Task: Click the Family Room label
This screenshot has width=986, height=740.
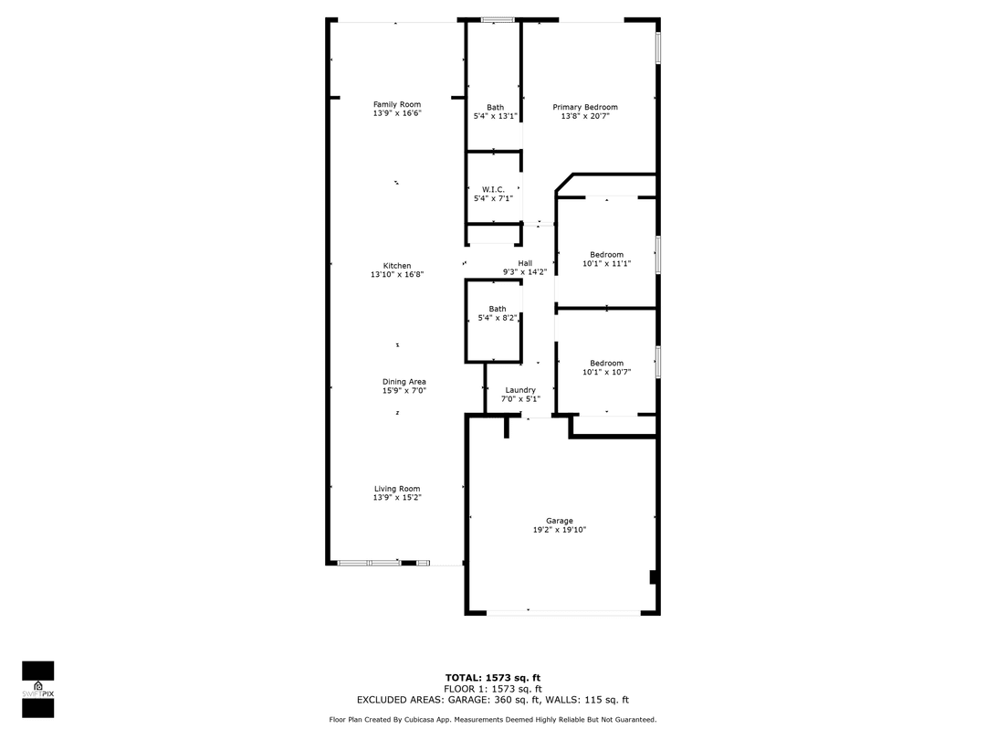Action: (397, 104)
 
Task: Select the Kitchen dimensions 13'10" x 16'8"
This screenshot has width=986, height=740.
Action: (397, 274)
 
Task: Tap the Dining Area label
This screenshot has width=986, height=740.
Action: (404, 382)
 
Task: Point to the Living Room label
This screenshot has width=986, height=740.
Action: (397, 489)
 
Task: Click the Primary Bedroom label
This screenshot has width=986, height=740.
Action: (585, 107)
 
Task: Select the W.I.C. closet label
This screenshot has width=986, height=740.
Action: (493, 189)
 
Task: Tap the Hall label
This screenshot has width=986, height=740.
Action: (525, 263)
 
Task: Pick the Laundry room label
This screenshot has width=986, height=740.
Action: (520, 390)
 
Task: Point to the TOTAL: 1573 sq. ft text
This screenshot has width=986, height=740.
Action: (492, 678)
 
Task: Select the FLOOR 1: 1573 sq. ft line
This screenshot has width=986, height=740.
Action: (492, 689)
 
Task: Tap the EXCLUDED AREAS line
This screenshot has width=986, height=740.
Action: (492, 700)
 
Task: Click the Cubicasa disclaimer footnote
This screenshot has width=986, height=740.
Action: (492, 720)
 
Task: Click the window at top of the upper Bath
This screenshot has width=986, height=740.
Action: (498, 19)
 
